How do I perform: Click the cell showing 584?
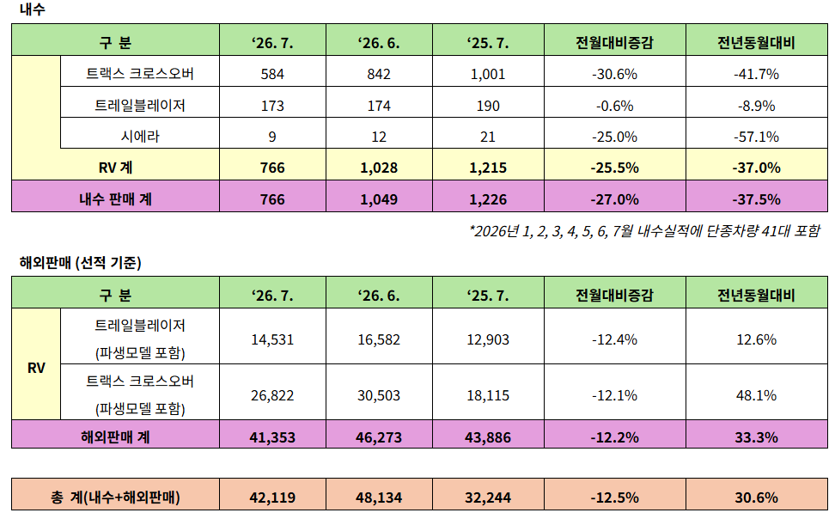point(272,74)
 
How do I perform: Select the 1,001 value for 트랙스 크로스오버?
point(488,74)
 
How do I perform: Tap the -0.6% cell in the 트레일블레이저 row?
point(614,106)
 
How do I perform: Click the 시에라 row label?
point(140,137)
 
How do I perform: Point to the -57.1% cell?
point(756,137)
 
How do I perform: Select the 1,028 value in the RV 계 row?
point(379,168)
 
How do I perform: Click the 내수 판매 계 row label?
point(116,199)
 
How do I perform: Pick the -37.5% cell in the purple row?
point(756,199)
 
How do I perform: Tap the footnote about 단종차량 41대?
point(645,231)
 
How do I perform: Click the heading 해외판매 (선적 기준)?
point(80,263)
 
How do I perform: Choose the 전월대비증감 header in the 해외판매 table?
point(614,295)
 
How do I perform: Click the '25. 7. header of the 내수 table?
point(488,43)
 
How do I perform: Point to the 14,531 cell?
point(272,339)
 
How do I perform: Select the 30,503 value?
point(379,395)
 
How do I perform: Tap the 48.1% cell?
point(756,395)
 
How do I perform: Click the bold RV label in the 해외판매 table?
point(36,368)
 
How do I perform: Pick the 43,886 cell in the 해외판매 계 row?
point(488,437)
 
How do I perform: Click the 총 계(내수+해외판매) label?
point(116,498)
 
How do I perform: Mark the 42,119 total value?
point(272,498)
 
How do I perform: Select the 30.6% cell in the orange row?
point(756,498)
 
